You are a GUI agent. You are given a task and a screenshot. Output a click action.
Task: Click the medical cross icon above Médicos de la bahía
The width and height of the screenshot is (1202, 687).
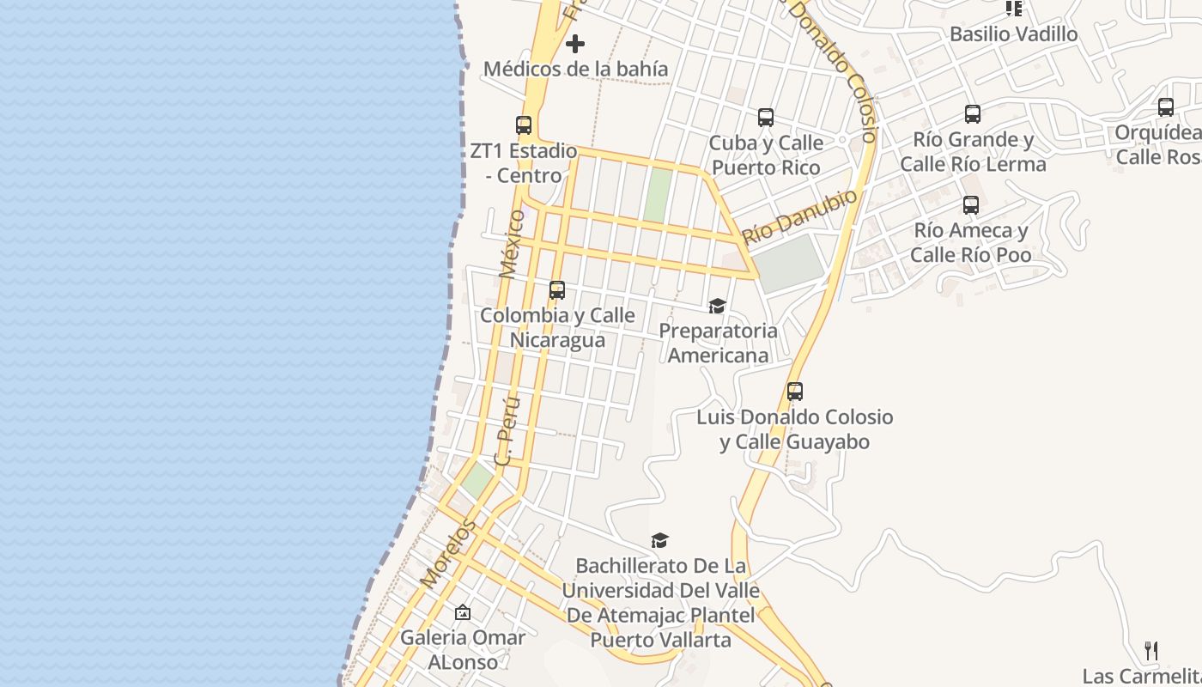click(575, 44)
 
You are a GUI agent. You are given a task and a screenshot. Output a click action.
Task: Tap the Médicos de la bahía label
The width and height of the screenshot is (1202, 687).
click(575, 69)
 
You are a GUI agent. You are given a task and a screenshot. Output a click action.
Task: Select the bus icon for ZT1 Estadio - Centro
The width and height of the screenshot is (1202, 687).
click(524, 125)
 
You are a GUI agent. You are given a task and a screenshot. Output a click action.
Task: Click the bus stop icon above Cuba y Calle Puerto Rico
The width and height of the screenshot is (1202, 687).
click(766, 118)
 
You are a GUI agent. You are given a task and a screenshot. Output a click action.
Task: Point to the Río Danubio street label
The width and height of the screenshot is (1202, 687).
click(799, 217)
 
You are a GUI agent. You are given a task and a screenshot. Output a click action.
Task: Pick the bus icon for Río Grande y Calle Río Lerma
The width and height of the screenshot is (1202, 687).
click(973, 114)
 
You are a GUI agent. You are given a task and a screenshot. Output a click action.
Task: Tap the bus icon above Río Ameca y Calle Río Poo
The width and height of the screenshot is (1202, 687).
click(971, 205)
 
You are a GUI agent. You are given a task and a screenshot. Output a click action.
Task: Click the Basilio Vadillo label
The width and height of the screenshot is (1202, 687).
click(1013, 34)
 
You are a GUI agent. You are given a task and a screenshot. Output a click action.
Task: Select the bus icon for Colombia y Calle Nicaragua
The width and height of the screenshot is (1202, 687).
click(557, 290)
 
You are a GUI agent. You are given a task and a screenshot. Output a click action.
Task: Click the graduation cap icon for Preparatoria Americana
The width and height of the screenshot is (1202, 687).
click(717, 306)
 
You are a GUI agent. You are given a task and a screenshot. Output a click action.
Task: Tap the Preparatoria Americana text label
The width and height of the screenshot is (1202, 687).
click(718, 343)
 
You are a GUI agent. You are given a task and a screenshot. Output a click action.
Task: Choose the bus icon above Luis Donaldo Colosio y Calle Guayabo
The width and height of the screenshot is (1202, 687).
click(795, 392)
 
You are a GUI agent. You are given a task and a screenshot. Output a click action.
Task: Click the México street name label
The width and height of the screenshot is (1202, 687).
click(513, 244)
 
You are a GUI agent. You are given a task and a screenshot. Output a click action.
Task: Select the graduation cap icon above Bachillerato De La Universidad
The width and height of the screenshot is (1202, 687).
click(659, 540)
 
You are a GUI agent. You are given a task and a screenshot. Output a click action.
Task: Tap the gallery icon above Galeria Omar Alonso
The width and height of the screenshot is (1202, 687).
click(463, 612)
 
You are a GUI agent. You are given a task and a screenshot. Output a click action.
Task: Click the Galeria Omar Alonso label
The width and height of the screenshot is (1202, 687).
click(463, 650)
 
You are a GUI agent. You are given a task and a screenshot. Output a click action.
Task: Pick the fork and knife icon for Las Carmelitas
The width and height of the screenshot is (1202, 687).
click(1151, 651)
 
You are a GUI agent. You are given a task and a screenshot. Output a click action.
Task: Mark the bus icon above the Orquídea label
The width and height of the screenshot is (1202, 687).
click(1166, 107)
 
